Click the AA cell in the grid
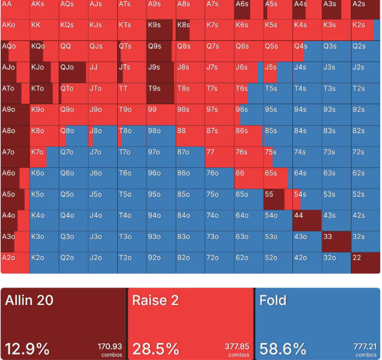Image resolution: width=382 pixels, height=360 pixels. coord(15,9)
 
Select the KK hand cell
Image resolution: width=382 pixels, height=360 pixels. coord(44,30)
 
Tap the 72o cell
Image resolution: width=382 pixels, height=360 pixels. coord(220,262)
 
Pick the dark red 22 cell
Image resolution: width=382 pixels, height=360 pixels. coord(366,262)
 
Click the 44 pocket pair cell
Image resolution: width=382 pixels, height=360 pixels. coord(307,220)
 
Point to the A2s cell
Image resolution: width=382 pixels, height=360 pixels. coord(366,9)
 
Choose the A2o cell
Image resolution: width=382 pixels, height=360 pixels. coord(15,262)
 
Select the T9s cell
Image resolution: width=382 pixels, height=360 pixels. coord(161,94)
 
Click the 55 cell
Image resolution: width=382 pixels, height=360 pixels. coord(278,199)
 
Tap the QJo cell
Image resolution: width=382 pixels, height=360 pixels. coord(73,73)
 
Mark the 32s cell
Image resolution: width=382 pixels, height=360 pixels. coord(366,241)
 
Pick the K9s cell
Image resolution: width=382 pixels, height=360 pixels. coord(161,30)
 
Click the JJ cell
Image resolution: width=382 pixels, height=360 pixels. coord(103,73)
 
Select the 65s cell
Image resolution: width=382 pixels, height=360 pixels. coord(278,178)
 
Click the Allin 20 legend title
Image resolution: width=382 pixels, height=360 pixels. coord(29,301)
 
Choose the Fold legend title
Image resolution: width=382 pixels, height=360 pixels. coord(273,301)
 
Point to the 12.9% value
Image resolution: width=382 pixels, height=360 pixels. coord(28,349)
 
